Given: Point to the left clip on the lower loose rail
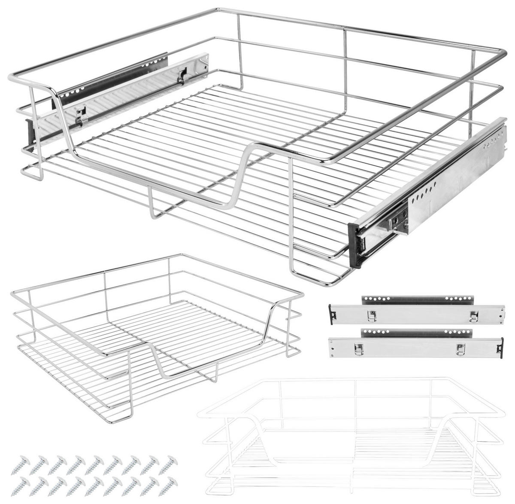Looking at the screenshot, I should point(356,349).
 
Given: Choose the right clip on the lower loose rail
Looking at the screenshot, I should point(460,348).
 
